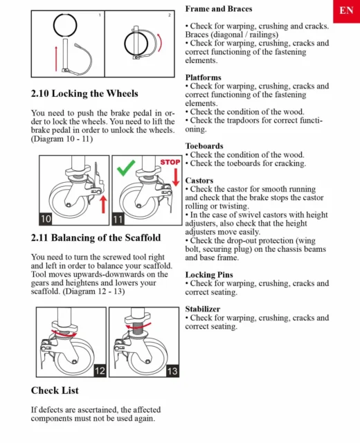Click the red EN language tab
tap(346, 11)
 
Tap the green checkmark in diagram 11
tap(125, 168)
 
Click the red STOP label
tap(170, 162)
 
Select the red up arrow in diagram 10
tap(103, 205)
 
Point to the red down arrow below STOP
tap(176, 177)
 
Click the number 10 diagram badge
tap(46, 219)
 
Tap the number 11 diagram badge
tap(118, 219)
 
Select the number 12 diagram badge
tap(100, 371)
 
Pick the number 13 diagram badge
tap(172, 371)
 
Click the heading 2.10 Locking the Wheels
tap(84, 93)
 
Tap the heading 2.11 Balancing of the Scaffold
tap(96, 237)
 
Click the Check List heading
tap(55, 390)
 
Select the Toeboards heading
tap(204, 146)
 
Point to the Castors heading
tap(199, 180)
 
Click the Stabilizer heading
tap(203, 309)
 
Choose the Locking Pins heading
tap(209, 275)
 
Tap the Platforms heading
tap(203, 78)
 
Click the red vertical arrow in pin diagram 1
tap(56, 58)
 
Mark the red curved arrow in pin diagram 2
tap(160, 43)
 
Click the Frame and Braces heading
tap(219, 9)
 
